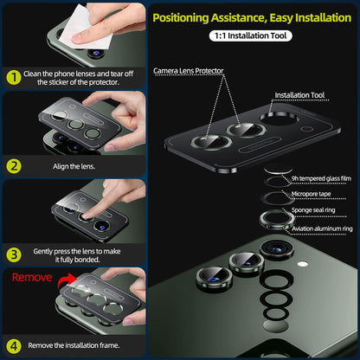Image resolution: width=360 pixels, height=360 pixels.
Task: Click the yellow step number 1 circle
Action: (14, 78)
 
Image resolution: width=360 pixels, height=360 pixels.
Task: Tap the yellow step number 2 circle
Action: (14, 166)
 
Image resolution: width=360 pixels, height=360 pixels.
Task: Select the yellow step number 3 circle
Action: (14, 255)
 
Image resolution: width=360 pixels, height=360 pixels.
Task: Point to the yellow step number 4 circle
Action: (14, 345)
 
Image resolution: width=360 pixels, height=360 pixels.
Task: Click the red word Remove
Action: (32, 278)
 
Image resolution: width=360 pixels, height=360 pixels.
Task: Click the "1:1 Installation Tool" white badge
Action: (250, 35)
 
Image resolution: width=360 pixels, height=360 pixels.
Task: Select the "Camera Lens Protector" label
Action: (189, 71)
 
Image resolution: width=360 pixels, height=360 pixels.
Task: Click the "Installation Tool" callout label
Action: (299, 95)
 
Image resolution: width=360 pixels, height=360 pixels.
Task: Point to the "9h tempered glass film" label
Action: (321, 178)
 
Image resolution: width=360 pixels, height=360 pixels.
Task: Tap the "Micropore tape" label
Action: (311, 194)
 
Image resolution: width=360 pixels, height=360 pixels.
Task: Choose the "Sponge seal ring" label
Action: (313, 210)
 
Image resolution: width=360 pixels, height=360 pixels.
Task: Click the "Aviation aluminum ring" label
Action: (322, 228)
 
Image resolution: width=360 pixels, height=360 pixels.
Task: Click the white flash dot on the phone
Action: (302, 264)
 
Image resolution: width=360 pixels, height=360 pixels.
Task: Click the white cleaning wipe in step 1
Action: (85, 28)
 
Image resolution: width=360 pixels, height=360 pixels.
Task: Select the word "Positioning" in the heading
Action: (181, 18)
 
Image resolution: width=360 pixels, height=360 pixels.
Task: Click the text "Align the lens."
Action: (74, 166)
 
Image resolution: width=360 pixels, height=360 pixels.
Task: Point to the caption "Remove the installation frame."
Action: (74, 345)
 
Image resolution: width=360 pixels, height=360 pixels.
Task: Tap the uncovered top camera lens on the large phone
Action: (277, 249)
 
